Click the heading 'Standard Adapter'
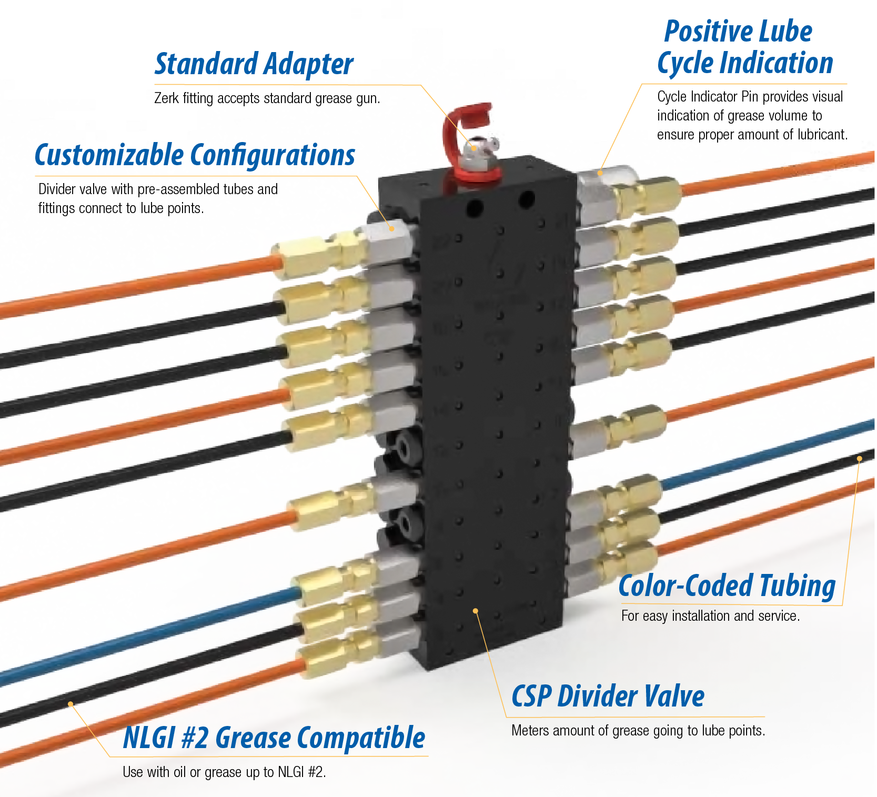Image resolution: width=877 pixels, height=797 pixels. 254,64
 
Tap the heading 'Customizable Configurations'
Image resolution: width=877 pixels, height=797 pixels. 195,155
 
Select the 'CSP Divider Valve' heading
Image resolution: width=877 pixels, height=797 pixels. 608,696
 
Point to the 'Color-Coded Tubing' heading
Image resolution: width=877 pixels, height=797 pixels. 727,586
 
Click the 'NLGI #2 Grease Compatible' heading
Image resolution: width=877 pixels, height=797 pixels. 274,737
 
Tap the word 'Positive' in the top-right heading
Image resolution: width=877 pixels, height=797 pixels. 705,31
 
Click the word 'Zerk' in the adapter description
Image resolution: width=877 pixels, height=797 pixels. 166,98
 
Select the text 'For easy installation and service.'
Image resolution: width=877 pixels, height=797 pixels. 710,616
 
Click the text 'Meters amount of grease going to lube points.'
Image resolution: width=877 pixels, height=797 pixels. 638,730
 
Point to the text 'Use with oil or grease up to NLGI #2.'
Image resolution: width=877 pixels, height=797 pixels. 224,772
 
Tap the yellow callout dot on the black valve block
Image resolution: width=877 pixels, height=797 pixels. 476,611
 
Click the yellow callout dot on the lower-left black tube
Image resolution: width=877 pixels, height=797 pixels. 70,704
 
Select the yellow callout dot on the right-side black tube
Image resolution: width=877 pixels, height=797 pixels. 859,459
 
